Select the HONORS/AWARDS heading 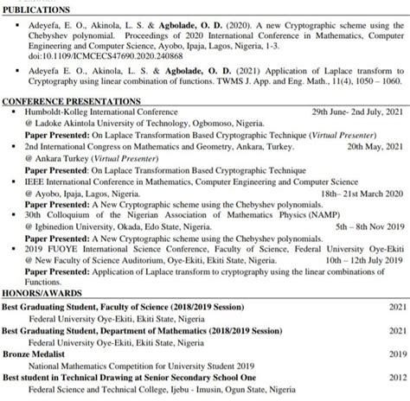point(35,293)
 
